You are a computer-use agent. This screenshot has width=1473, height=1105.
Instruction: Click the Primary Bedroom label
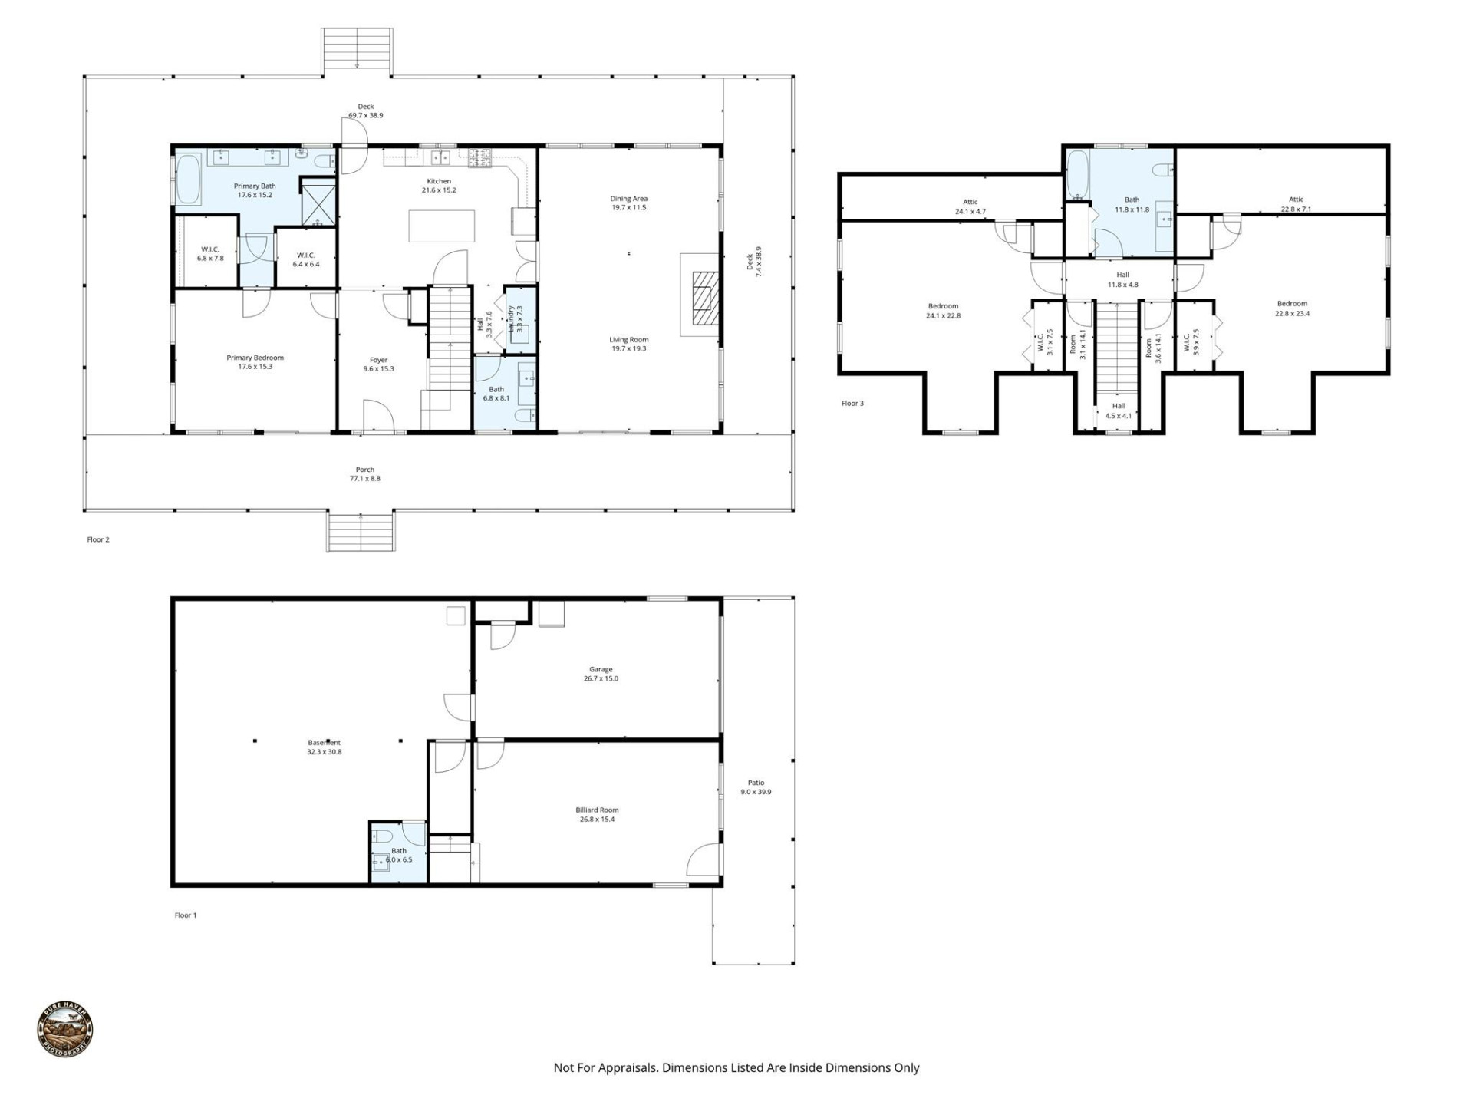coord(255,361)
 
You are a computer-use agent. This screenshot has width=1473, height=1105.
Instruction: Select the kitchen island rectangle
coord(441,226)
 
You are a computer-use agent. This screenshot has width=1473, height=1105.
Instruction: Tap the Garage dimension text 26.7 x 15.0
coord(601,678)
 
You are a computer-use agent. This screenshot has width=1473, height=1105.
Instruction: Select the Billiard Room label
coord(597,810)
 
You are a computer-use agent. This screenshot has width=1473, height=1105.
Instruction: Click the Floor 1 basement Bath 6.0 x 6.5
coord(398,855)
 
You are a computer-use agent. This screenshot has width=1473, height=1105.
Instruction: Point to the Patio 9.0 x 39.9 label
coord(756,787)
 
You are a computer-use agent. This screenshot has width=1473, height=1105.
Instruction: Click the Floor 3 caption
coord(852,403)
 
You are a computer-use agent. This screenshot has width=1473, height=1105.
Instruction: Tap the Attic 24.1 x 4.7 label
coord(970,206)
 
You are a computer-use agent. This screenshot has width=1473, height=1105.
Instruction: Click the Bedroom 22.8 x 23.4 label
coord(1292,308)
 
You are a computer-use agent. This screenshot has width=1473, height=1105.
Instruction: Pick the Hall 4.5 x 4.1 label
coord(1118,411)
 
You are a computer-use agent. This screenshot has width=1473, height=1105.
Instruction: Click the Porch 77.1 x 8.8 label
coord(365,473)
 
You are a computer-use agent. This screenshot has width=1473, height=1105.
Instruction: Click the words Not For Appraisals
coord(605,1067)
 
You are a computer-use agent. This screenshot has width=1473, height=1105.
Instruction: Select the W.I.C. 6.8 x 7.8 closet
coord(209,253)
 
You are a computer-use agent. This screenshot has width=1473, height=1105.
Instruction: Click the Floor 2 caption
coord(98,539)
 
